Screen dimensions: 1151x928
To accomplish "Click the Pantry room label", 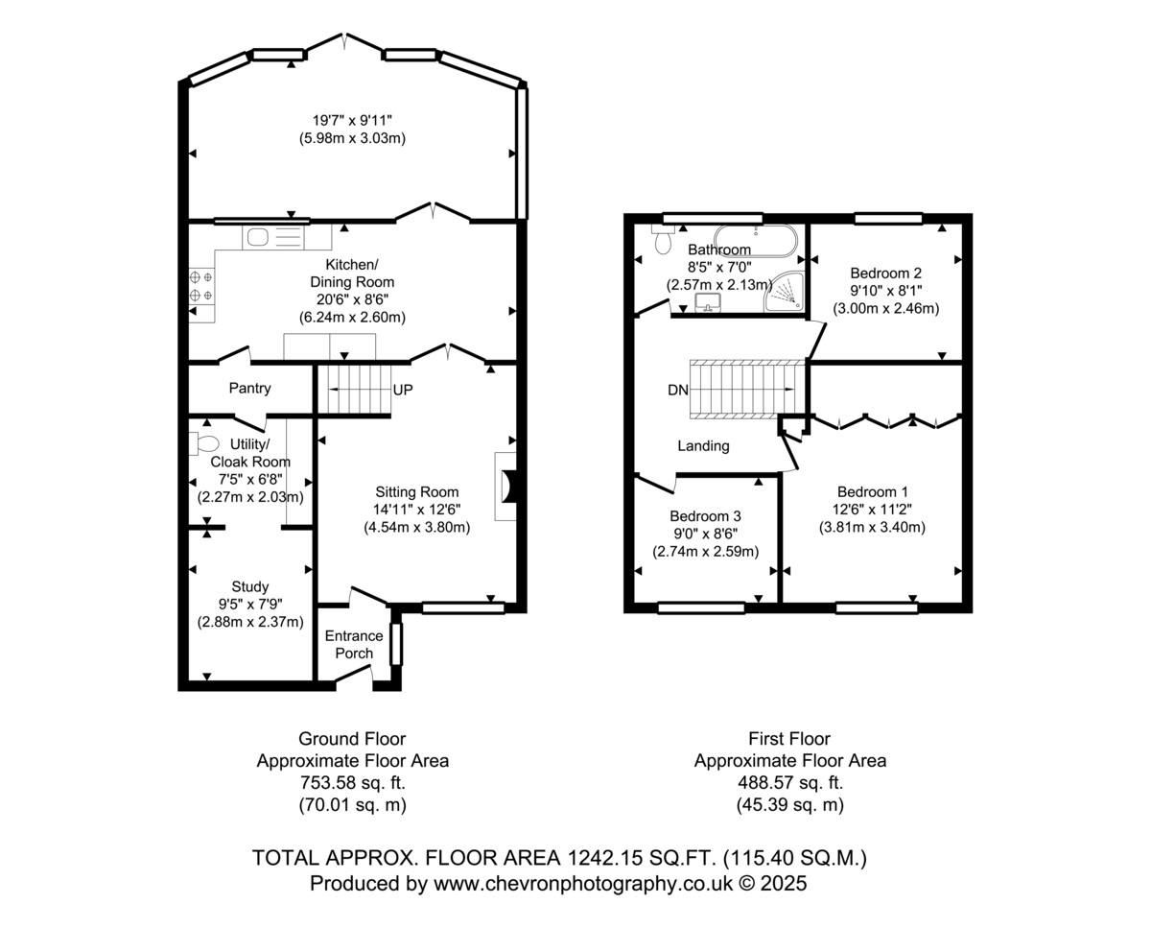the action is click(x=249, y=388).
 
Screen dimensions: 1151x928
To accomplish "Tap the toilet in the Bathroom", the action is click(x=662, y=240).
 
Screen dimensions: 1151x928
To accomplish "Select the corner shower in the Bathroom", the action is click(x=785, y=292).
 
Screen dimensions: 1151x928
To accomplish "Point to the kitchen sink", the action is click(x=273, y=237).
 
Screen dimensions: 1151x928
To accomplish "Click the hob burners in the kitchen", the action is click(x=201, y=286).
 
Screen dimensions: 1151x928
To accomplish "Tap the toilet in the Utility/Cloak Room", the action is click(x=203, y=443).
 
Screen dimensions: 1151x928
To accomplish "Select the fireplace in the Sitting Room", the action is click(x=506, y=487).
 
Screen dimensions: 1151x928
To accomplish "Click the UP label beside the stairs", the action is click(x=403, y=390).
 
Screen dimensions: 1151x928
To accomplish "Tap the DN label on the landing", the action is click(x=678, y=391).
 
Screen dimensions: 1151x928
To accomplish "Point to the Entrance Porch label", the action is click(x=354, y=644).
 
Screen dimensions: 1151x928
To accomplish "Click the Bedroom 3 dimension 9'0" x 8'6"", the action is click(x=706, y=534).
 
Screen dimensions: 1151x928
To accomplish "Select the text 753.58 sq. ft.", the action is click(x=352, y=782).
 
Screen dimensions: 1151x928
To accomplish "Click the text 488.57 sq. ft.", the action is click(x=790, y=782).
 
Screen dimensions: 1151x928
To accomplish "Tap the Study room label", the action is click(x=249, y=586).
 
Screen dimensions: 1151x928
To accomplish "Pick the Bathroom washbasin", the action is click(x=708, y=302).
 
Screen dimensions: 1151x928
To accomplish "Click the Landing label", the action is click(x=703, y=446).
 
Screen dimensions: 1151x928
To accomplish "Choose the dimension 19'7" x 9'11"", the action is click(x=352, y=120).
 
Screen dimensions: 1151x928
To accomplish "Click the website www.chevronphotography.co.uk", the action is click(x=583, y=883).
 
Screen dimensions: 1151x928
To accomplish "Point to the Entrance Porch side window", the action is click(x=396, y=644).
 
